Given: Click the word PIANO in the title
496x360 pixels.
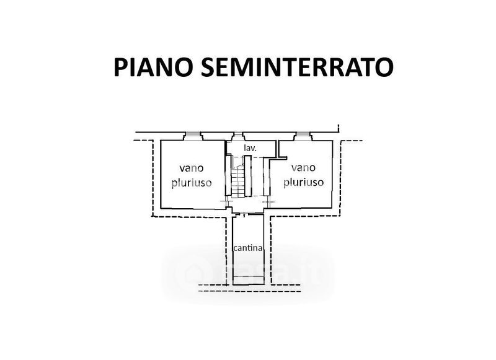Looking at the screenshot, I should pos(153,67).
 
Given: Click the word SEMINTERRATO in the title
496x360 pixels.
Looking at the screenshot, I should pos(296,67).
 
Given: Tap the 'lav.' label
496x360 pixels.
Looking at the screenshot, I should pos(250,148).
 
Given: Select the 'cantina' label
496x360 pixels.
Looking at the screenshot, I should pos(249,248).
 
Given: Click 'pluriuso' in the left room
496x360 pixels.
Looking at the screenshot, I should pos(191,182).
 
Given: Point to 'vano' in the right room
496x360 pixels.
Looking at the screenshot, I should pos(303,167).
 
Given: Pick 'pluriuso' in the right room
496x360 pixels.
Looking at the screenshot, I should pos(303,182).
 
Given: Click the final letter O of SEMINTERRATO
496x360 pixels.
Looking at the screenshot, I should pos(384,67).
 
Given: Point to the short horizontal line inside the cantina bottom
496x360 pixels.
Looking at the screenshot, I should pos(249,283).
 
